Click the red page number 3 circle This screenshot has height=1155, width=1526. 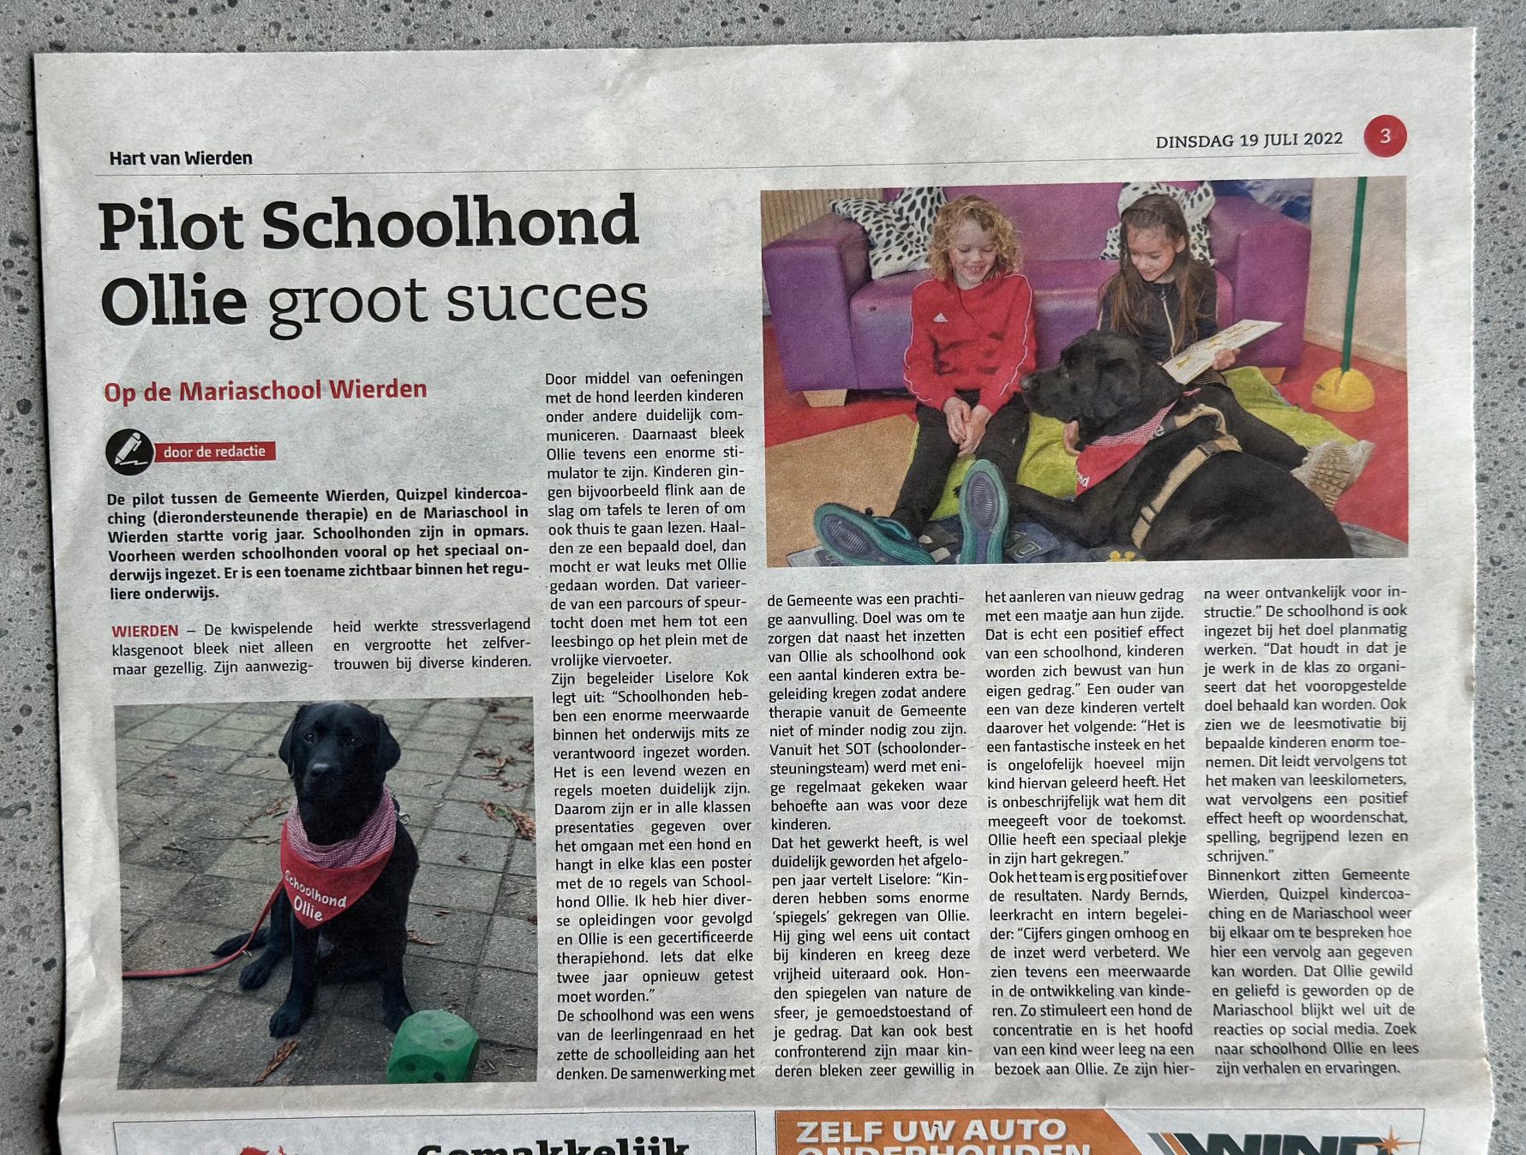pyautogui.click(x=1385, y=136)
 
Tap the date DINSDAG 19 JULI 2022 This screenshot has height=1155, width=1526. pyautogui.click(x=1248, y=141)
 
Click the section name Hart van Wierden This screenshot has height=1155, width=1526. pyautogui.click(x=181, y=159)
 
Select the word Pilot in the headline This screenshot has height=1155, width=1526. pyautogui.click(x=171, y=226)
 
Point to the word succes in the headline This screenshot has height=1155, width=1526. pyautogui.click(x=546, y=299)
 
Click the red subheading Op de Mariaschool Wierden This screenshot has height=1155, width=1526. pyautogui.click(x=266, y=391)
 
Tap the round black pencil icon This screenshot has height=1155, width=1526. pyautogui.click(x=129, y=452)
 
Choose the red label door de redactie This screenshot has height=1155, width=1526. pyautogui.click(x=214, y=452)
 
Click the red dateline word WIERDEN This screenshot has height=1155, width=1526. pyautogui.click(x=145, y=631)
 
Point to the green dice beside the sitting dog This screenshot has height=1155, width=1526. pyautogui.click(x=433, y=1047)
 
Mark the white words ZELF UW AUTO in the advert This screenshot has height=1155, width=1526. pyautogui.click(x=931, y=1131)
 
